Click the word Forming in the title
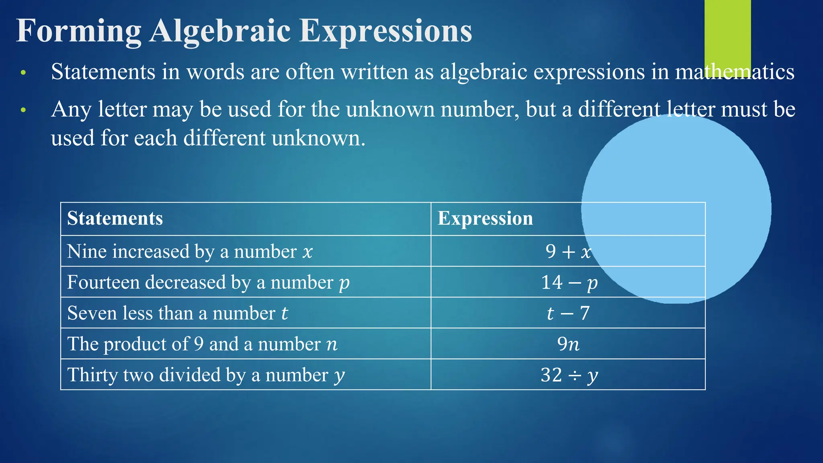tap(79, 31)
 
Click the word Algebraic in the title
tap(220, 31)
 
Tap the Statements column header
tap(115, 218)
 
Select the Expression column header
tap(485, 218)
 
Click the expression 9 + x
tap(568, 252)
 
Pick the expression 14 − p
tap(569, 282)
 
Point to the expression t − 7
tap(568, 313)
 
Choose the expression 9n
tap(568, 344)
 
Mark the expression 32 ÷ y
tap(569, 375)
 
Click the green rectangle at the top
tap(727, 30)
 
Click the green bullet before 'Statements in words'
tap(23, 73)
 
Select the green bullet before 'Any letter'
tap(23, 110)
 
